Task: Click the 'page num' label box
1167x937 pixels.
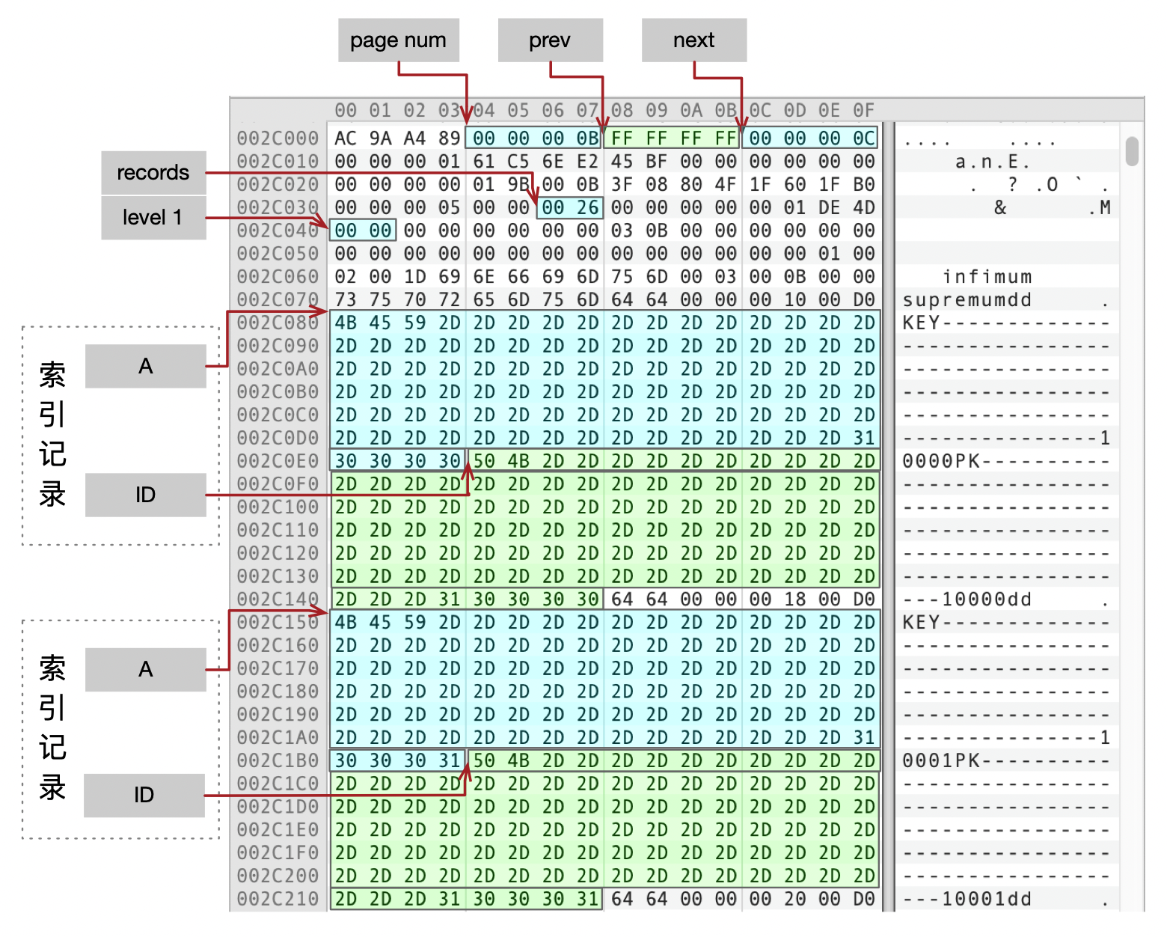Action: pyautogui.click(x=398, y=40)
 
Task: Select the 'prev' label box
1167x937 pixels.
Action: pyautogui.click(x=550, y=40)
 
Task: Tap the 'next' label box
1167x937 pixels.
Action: pyautogui.click(x=693, y=40)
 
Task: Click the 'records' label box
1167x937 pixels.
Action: pyautogui.click(x=153, y=172)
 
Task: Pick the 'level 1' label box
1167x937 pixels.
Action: pyautogui.click(x=153, y=218)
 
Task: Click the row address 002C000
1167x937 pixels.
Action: pyautogui.click(x=278, y=138)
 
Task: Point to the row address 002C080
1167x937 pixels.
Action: pyautogui.click(x=278, y=323)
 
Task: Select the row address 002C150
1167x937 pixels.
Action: pyautogui.click(x=278, y=623)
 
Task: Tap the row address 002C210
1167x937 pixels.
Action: pyautogui.click(x=278, y=899)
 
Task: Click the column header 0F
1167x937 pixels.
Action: pyautogui.click(x=864, y=111)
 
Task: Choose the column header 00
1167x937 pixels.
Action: pyautogui.click(x=346, y=111)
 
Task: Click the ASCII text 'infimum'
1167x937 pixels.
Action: pyautogui.click(x=987, y=277)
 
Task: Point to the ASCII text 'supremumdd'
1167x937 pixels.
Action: pyautogui.click(x=967, y=300)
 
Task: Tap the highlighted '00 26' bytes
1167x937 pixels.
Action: pyautogui.click(x=570, y=207)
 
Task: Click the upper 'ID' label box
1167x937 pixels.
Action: pyautogui.click(x=146, y=495)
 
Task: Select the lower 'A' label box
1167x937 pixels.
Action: pyautogui.click(x=146, y=669)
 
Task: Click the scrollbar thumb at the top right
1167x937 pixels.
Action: pyautogui.click(x=1132, y=151)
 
